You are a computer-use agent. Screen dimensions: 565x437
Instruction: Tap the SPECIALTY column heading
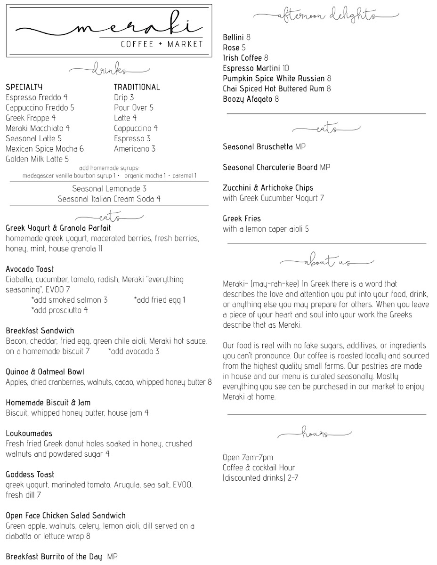click(x=24, y=87)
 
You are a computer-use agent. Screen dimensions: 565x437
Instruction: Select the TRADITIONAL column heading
click(x=137, y=87)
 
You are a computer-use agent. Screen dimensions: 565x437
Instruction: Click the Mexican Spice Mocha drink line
click(x=45, y=149)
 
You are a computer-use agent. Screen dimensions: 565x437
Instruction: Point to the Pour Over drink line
click(x=134, y=108)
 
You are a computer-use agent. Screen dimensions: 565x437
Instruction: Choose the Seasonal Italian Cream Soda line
click(x=109, y=199)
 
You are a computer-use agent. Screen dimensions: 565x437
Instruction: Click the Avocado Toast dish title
click(x=30, y=269)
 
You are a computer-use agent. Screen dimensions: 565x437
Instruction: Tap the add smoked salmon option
click(x=69, y=300)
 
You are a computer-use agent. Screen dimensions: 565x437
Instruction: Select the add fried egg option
click(x=160, y=300)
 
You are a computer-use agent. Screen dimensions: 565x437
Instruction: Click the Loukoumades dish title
click(x=29, y=434)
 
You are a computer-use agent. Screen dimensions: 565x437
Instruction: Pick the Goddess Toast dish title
click(x=30, y=475)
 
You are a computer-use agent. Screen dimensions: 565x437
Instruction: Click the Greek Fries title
click(x=242, y=219)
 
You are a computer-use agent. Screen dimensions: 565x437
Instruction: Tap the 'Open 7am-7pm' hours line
click(x=248, y=458)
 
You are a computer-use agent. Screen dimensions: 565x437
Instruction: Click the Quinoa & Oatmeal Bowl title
click(x=45, y=372)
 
